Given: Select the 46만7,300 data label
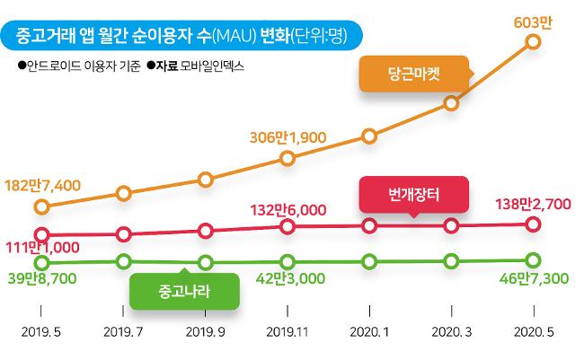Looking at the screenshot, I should click(532, 279).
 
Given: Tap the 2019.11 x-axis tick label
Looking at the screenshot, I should click(287, 331).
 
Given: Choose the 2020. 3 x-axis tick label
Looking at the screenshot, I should click(451, 331).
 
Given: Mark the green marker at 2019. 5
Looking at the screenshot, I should click(40, 262).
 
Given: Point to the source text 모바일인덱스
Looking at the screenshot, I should click(213, 66).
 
